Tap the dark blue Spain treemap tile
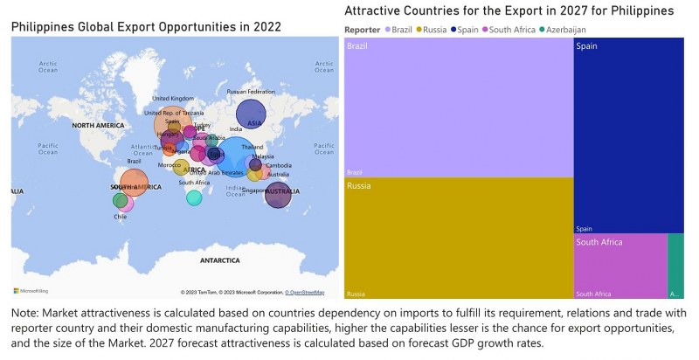628,135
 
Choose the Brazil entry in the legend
398,30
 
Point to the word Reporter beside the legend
363,30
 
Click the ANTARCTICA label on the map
219,260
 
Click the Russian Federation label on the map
251,92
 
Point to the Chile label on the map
120,217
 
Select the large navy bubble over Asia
251,114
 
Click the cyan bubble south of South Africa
194,197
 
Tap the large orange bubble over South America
134,183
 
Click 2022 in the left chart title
266,27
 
